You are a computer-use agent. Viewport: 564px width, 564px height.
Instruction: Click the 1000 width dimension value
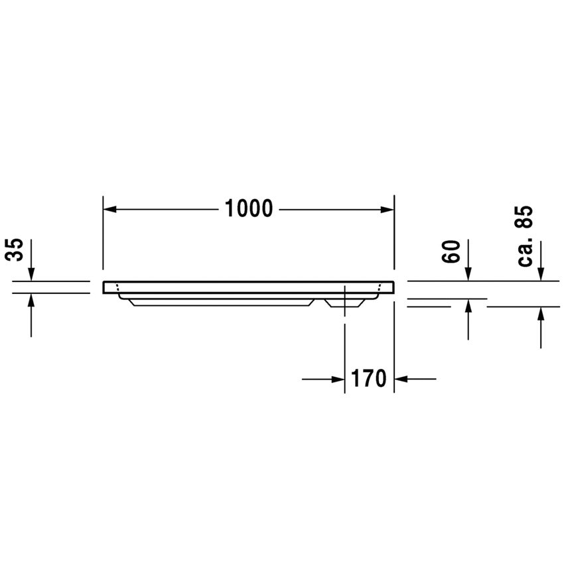point(249,209)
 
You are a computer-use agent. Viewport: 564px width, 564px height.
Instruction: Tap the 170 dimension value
point(369,379)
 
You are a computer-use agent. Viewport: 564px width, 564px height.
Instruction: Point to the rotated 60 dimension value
point(451,252)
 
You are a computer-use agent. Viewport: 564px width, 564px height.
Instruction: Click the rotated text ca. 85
point(526,236)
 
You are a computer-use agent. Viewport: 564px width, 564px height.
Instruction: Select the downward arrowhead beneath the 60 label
point(468,273)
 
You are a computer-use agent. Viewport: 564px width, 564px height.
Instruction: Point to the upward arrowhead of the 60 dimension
point(468,307)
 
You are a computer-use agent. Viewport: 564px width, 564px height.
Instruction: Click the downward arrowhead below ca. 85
point(541,273)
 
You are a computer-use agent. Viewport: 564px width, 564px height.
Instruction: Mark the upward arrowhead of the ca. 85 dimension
point(541,315)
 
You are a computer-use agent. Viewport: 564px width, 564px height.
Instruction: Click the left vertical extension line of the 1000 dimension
point(103,232)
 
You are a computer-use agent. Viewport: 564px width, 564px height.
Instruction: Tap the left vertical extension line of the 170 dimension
point(344,352)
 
